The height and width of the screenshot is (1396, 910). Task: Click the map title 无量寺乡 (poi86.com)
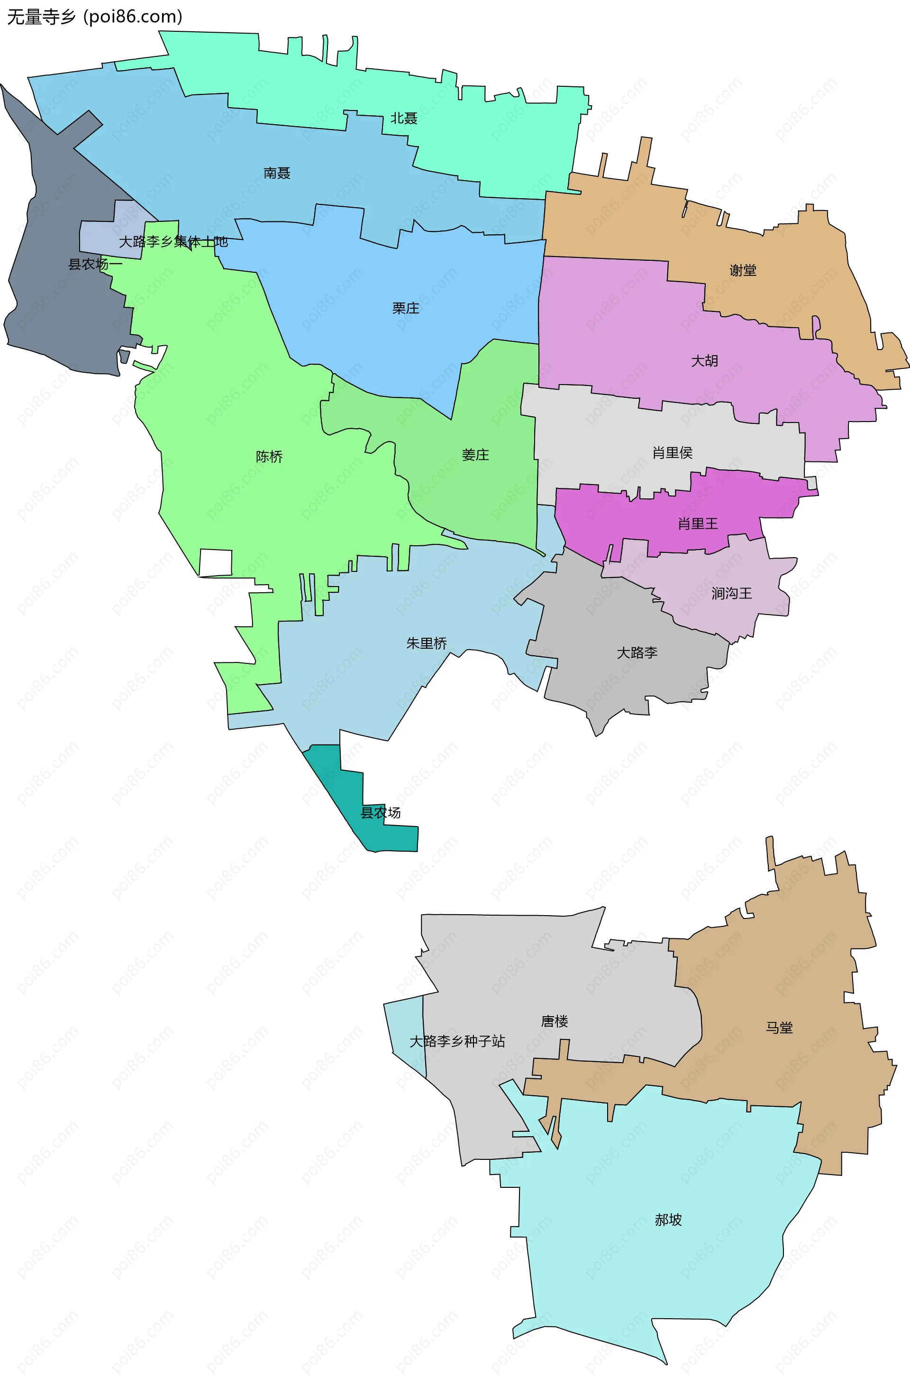pyautogui.click(x=94, y=17)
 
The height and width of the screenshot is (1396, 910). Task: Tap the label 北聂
pyautogui.click(x=404, y=119)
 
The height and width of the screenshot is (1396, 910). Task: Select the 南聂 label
pyautogui.click(x=277, y=173)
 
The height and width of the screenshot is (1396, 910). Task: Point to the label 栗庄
pyautogui.click(x=406, y=308)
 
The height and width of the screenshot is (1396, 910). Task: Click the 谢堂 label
pyautogui.click(x=743, y=270)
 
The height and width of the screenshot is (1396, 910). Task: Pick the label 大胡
pyautogui.click(x=704, y=361)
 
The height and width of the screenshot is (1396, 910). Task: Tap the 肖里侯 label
pyautogui.click(x=673, y=452)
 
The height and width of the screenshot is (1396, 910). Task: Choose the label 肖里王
pyautogui.click(x=698, y=523)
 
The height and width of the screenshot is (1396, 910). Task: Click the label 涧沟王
pyautogui.click(x=732, y=593)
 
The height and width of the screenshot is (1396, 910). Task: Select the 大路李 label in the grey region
pyautogui.click(x=637, y=652)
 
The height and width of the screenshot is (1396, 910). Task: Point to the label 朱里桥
pyautogui.click(x=426, y=643)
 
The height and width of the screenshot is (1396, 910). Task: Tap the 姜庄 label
pyautogui.click(x=475, y=455)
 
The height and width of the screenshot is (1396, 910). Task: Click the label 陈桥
pyautogui.click(x=269, y=456)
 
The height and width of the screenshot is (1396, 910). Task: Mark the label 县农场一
pyautogui.click(x=95, y=264)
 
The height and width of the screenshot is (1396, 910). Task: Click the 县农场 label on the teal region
pyautogui.click(x=381, y=812)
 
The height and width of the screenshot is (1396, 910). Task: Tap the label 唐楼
pyautogui.click(x=554, y=1021)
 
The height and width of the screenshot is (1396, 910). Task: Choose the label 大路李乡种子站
pyautogui.click(x=457, y=1041)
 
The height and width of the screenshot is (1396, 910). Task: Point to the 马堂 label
pyautogui.click(x=779, y=1027)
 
